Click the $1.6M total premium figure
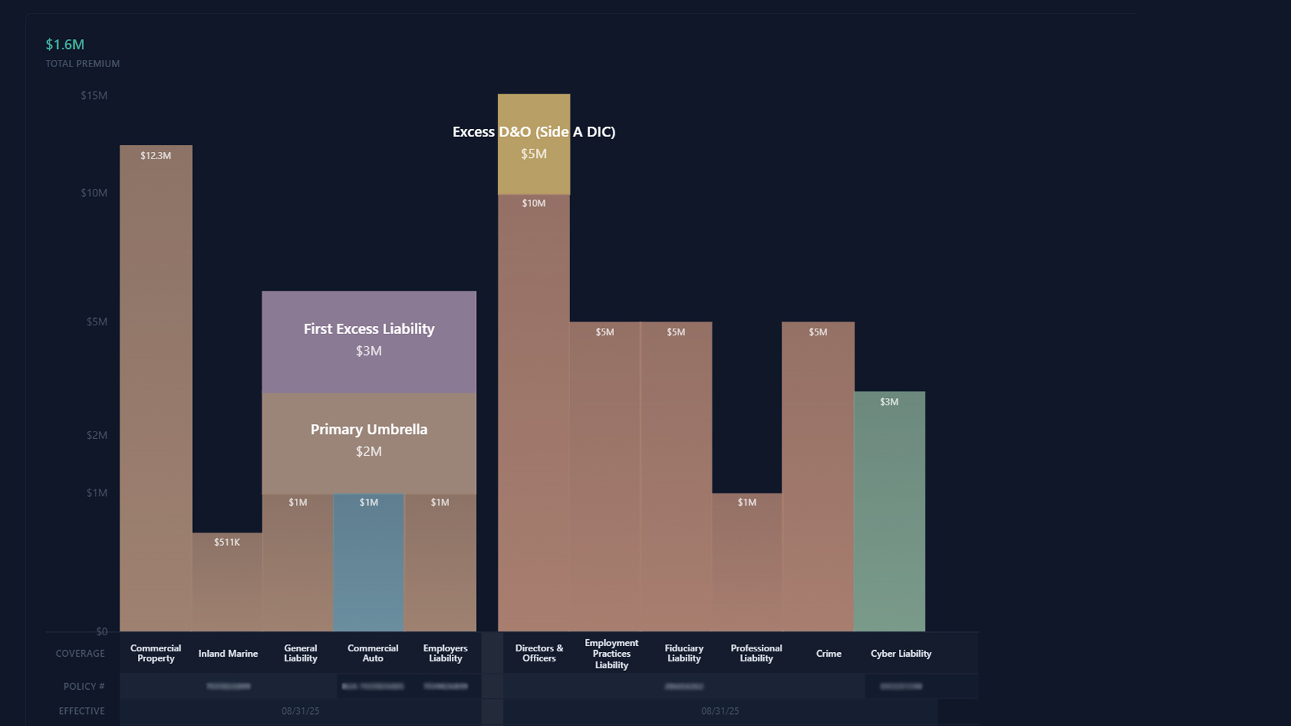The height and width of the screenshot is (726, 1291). point(65,44)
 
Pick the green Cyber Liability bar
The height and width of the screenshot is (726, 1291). point(890,511)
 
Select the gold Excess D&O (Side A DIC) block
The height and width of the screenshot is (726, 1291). point(534,144)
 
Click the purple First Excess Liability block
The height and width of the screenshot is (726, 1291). point(369,341)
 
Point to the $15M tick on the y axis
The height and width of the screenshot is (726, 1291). point(94,95)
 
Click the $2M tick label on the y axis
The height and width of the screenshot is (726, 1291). point(97,436)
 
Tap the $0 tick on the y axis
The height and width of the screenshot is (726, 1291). point(102,632)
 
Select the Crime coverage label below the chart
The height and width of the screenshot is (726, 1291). point(828,653)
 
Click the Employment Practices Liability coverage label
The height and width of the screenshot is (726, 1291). point(611,653)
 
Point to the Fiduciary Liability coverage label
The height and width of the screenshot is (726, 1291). point(684,653)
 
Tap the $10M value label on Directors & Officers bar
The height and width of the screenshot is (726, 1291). point(534,203)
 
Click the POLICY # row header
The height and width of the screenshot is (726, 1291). point(84,686)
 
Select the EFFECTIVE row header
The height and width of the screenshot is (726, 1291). point(82,711)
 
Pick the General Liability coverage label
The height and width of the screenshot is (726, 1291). point(300,653)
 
